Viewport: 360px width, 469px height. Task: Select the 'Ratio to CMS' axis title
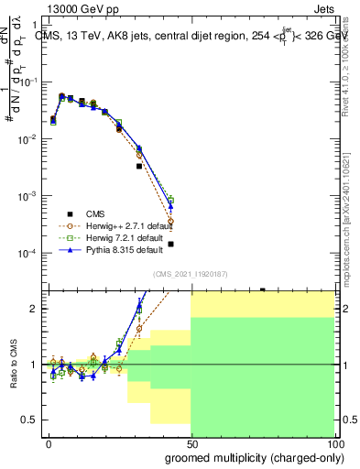[x=13, y=365]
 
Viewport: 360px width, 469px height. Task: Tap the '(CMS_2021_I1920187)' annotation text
[x=191, y=273]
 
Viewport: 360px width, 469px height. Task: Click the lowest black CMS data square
[x=171, y=244]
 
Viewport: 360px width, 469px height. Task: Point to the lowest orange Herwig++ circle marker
[x=171, y=222]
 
